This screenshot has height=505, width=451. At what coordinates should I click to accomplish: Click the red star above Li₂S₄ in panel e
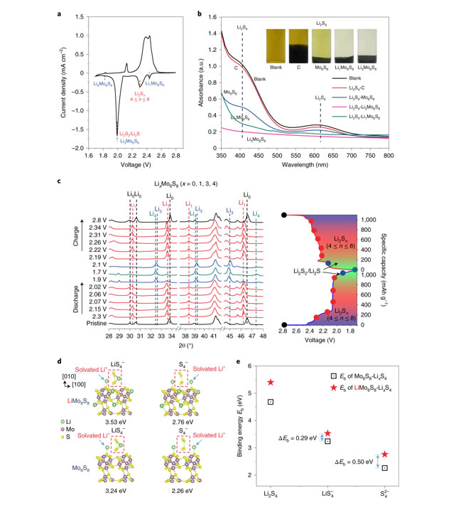(x=271, y=383)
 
